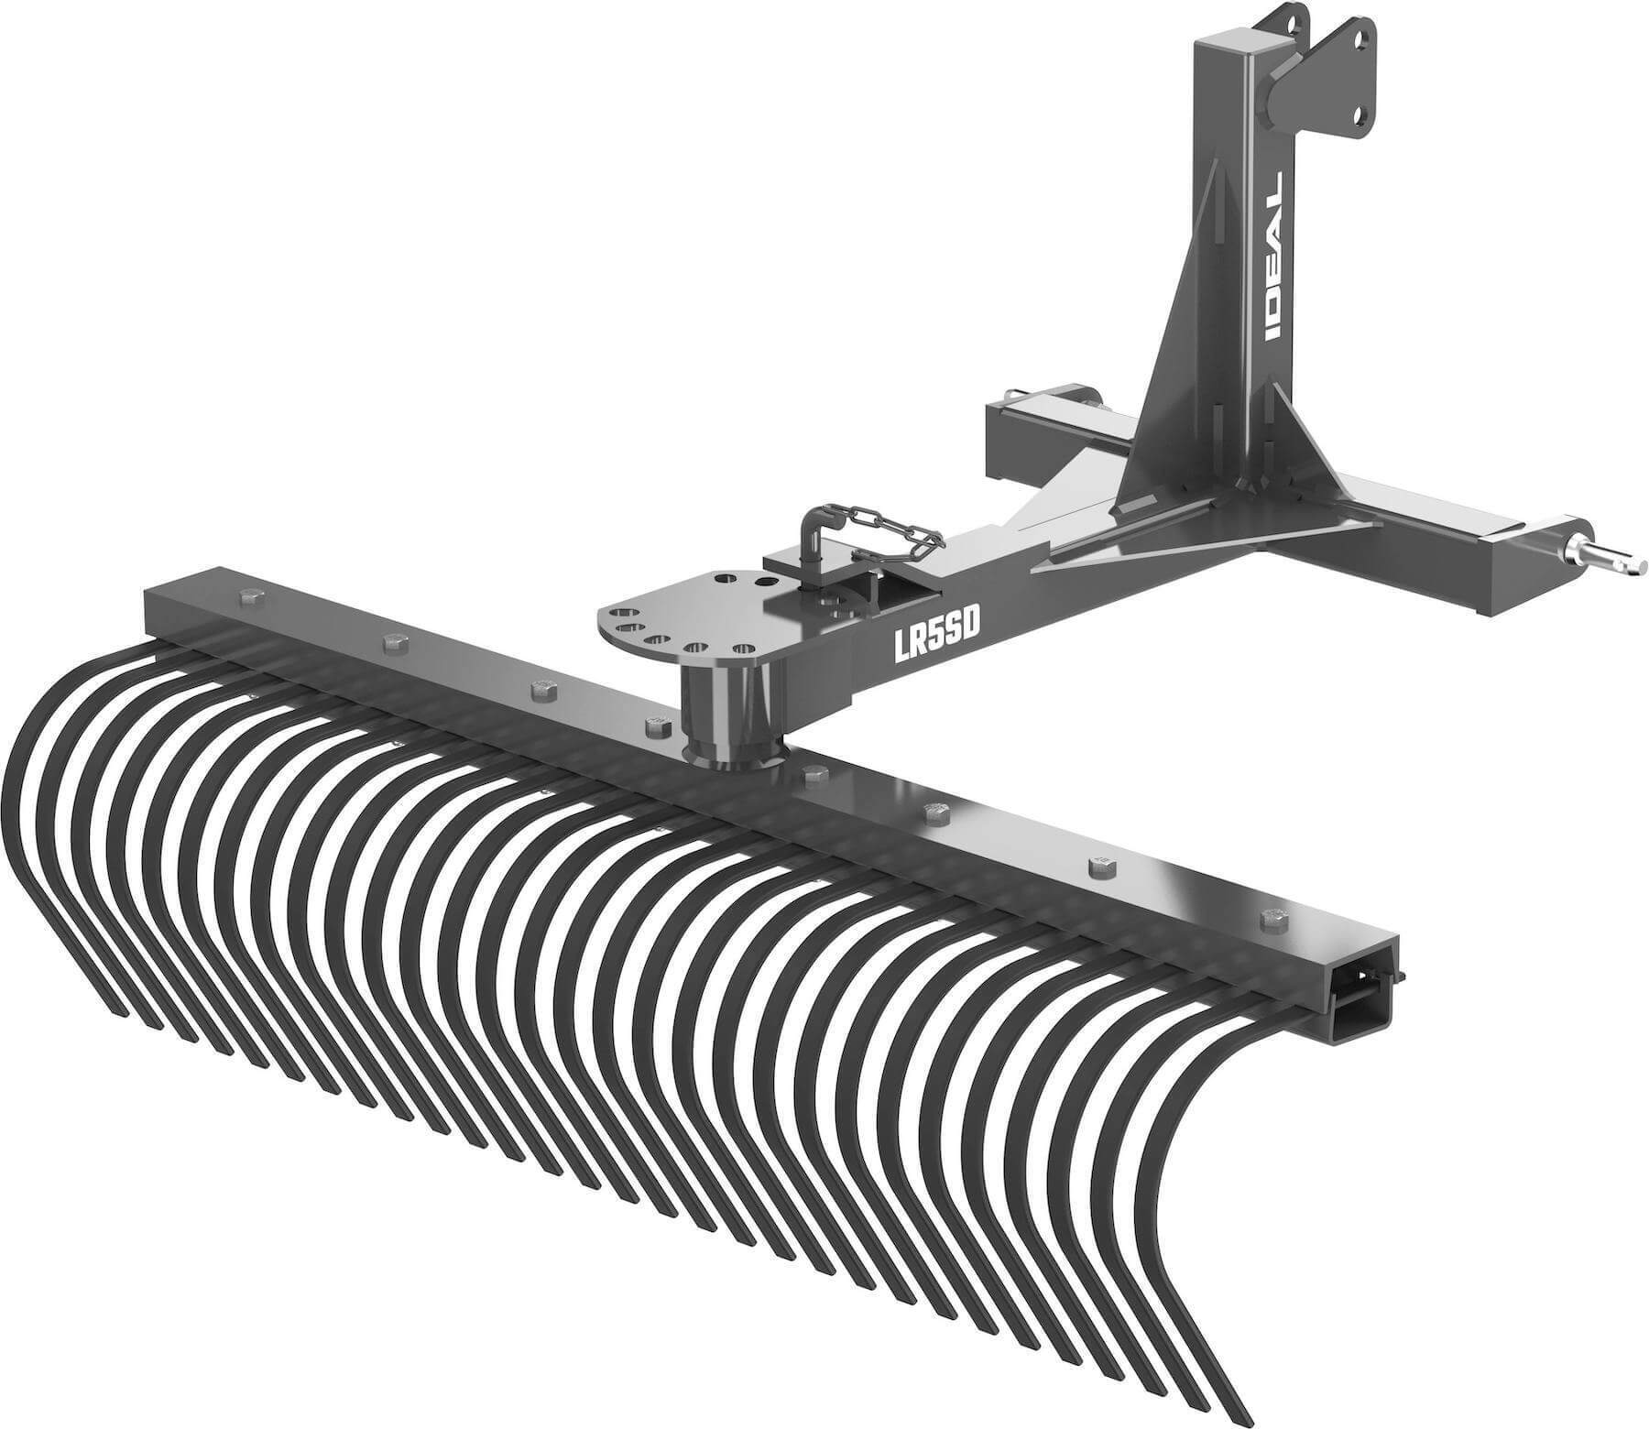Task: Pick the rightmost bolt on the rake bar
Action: click(x=1271, y=917)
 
